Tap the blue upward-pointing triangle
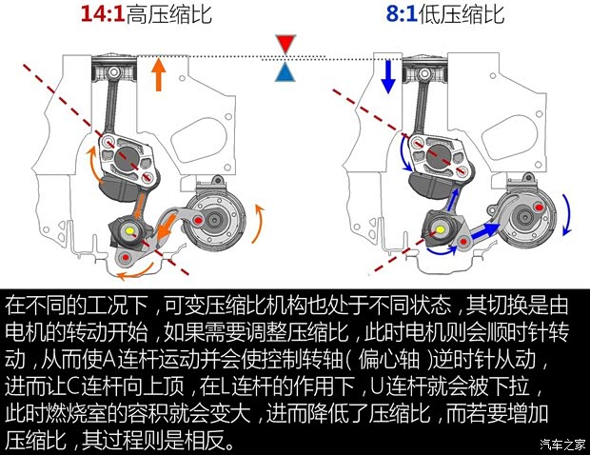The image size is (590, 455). pyautogui.click(x=285, y=72)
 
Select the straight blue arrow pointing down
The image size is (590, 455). pyautogui.click(x=387, y=76)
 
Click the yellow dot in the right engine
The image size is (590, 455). pyautogui.click(x=441, y=228)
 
